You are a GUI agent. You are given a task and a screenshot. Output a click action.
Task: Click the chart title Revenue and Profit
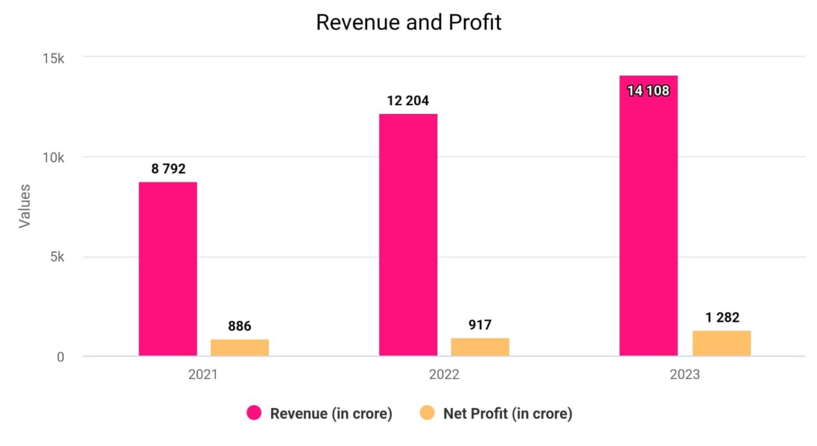[x=408, y=22]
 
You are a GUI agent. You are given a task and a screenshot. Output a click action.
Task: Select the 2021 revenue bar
[x=168, y=269]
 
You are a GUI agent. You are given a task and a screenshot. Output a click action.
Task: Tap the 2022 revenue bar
[x=408, y=235]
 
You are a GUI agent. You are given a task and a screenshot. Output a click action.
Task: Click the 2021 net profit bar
[x=240, y=348]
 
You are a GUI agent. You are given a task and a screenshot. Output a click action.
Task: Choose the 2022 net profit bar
[x=480, y=347]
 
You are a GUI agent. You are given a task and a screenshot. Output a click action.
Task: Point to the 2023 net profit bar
[x=721, y=343]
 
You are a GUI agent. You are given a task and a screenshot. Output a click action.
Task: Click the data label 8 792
[x=168, y=168]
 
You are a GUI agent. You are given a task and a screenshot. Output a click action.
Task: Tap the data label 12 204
[x=408, y=100]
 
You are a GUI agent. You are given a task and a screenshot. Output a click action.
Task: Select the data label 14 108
[x=648, y=91]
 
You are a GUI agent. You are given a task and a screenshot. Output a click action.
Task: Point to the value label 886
[x=240, y=326]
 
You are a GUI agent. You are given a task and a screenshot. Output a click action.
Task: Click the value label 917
[x=480, y=325]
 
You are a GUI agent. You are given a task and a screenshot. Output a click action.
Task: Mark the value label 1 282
[x=721, y=317]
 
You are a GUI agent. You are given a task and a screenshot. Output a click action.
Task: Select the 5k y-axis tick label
[x=57, y=258]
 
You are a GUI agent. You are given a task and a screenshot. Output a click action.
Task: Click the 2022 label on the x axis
[x=444, y=375]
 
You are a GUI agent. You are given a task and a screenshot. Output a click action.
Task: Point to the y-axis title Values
[x=24, y=206]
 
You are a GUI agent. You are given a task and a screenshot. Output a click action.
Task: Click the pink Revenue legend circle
[x=254, y=413]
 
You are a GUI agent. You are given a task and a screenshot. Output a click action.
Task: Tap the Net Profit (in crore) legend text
[x=508, y=414]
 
